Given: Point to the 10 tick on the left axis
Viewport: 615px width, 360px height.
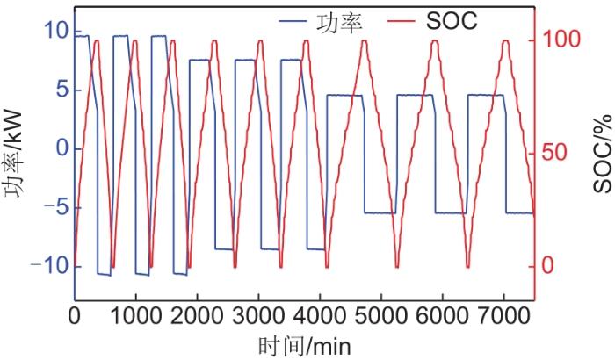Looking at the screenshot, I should coord(54,32).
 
